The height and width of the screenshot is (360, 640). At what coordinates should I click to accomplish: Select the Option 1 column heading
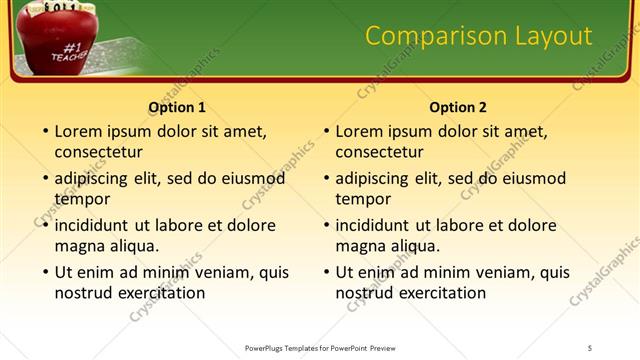pos(177,107)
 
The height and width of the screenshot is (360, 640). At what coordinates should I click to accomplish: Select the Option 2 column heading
pos(458,107)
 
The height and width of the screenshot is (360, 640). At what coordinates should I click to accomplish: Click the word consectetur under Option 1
pos(98,152)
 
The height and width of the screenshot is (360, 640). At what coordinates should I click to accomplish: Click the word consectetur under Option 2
pos(379,152)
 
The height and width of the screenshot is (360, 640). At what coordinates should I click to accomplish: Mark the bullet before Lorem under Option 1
pos(44,131)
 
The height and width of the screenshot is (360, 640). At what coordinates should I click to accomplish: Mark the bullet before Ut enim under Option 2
pos(325,272)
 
